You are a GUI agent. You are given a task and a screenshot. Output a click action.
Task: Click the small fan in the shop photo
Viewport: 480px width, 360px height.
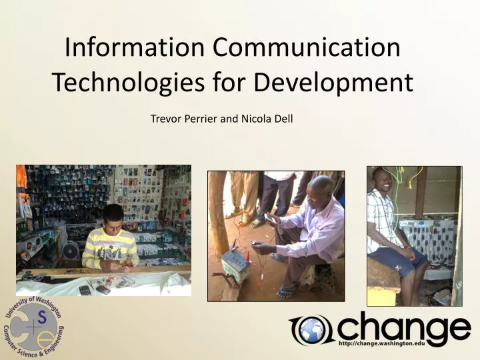click(x=70, y=251)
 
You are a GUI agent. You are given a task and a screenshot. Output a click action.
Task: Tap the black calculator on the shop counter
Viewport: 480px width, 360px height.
click(x=85, y=289)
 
